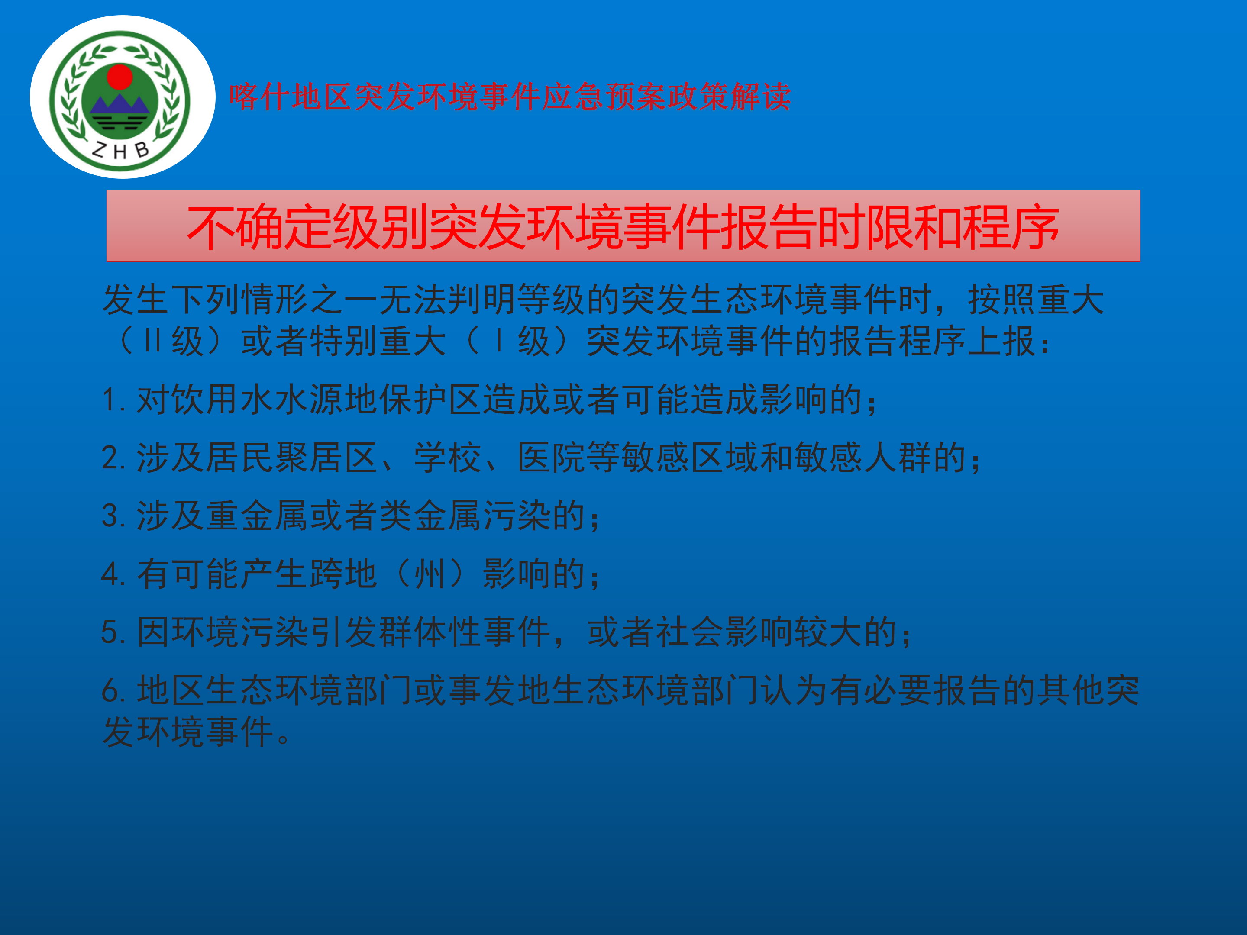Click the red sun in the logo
tap(120, 77)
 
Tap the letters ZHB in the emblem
tap(120, 150)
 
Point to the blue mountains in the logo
tap(120, 105)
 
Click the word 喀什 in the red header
tap(259, 97)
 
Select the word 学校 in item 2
tap(448, 457)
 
